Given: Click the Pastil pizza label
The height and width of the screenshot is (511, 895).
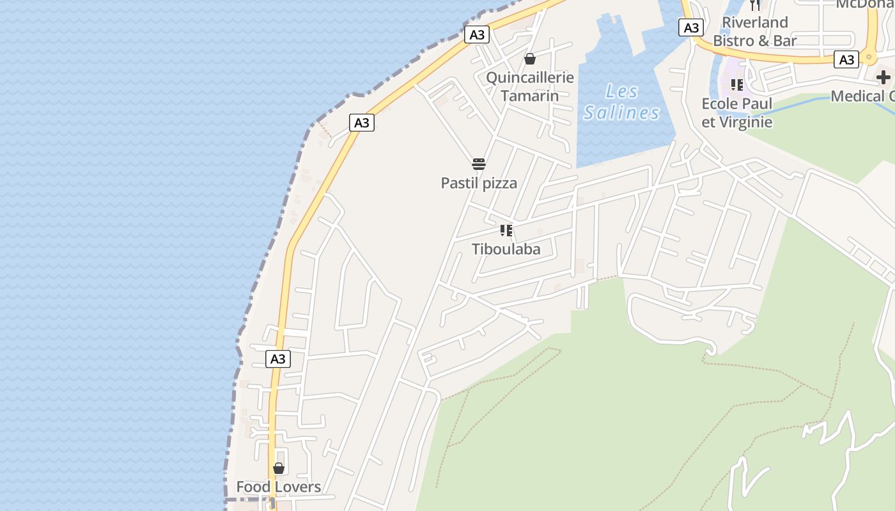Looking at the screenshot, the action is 479,183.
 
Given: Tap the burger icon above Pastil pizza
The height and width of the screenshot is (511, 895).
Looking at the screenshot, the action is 479,164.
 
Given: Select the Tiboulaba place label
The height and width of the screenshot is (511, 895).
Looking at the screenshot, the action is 506,249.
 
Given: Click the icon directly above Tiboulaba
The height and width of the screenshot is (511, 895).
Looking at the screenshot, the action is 506,231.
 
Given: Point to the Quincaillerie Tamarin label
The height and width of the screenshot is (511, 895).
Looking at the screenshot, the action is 529,87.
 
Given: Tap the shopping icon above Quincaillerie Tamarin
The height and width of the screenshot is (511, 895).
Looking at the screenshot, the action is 529,59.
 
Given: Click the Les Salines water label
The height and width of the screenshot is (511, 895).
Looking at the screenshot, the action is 621,102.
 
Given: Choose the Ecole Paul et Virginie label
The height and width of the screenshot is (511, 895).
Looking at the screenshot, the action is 736,113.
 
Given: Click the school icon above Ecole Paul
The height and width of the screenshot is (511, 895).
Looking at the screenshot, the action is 736,85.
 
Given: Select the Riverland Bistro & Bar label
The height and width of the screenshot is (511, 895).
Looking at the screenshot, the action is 754,32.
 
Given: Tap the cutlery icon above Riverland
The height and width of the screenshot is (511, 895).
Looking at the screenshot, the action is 755,5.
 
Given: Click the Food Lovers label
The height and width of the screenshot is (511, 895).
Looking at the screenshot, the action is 278,487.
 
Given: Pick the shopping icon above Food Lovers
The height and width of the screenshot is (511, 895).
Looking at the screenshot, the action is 278,468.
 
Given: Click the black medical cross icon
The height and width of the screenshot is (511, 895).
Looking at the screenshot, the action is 883,78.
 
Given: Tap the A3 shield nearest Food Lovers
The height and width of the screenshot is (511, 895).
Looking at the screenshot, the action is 277,359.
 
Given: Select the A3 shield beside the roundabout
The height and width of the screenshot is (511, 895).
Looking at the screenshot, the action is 846,60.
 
